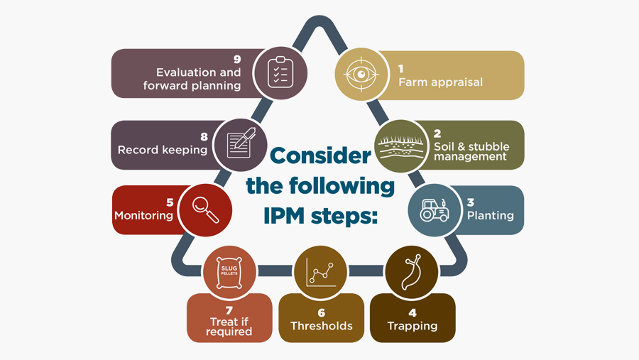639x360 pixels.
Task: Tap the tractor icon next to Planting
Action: pos(434,210)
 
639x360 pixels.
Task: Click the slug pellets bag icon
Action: pos(229,271)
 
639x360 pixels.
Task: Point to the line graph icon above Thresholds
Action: pos(320,271)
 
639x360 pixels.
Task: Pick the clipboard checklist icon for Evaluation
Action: pos(280,72)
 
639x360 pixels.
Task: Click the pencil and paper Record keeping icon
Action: pos(240,145)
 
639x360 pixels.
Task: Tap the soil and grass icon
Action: pos(400,146)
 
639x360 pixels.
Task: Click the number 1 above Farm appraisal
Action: pos(401,69)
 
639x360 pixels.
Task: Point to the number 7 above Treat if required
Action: pos(229,311)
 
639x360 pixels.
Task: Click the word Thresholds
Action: pos(321,326)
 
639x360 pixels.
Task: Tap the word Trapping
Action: pos(412,326)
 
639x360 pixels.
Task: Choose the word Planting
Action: pos(490,215)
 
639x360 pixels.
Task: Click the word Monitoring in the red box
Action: pos(143,215)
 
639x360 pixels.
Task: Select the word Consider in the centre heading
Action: pos(320,156)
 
